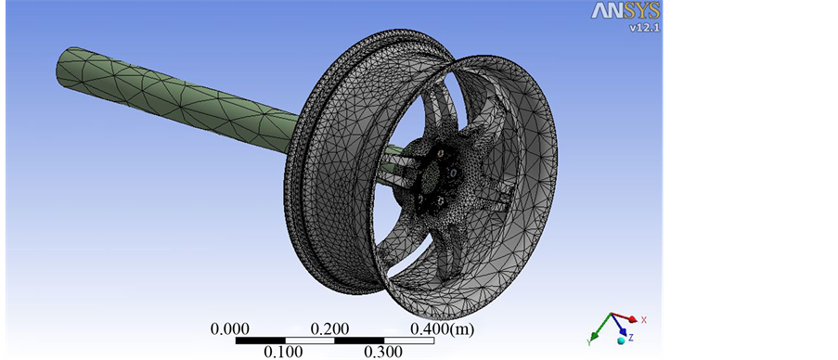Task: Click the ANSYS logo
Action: tap(625, 11)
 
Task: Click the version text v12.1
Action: tap(645, 27)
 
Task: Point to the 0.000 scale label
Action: tap(230, 329)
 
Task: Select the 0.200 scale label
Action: tap(330, 329)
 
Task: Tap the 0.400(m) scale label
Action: tap(442, 329)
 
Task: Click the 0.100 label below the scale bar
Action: tap(283, 352)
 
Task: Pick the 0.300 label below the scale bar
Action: tap(383, 352)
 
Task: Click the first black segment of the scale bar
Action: tap(260, 341)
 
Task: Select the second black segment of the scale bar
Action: tap(359, 341)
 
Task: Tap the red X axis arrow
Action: tap(625, 317)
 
